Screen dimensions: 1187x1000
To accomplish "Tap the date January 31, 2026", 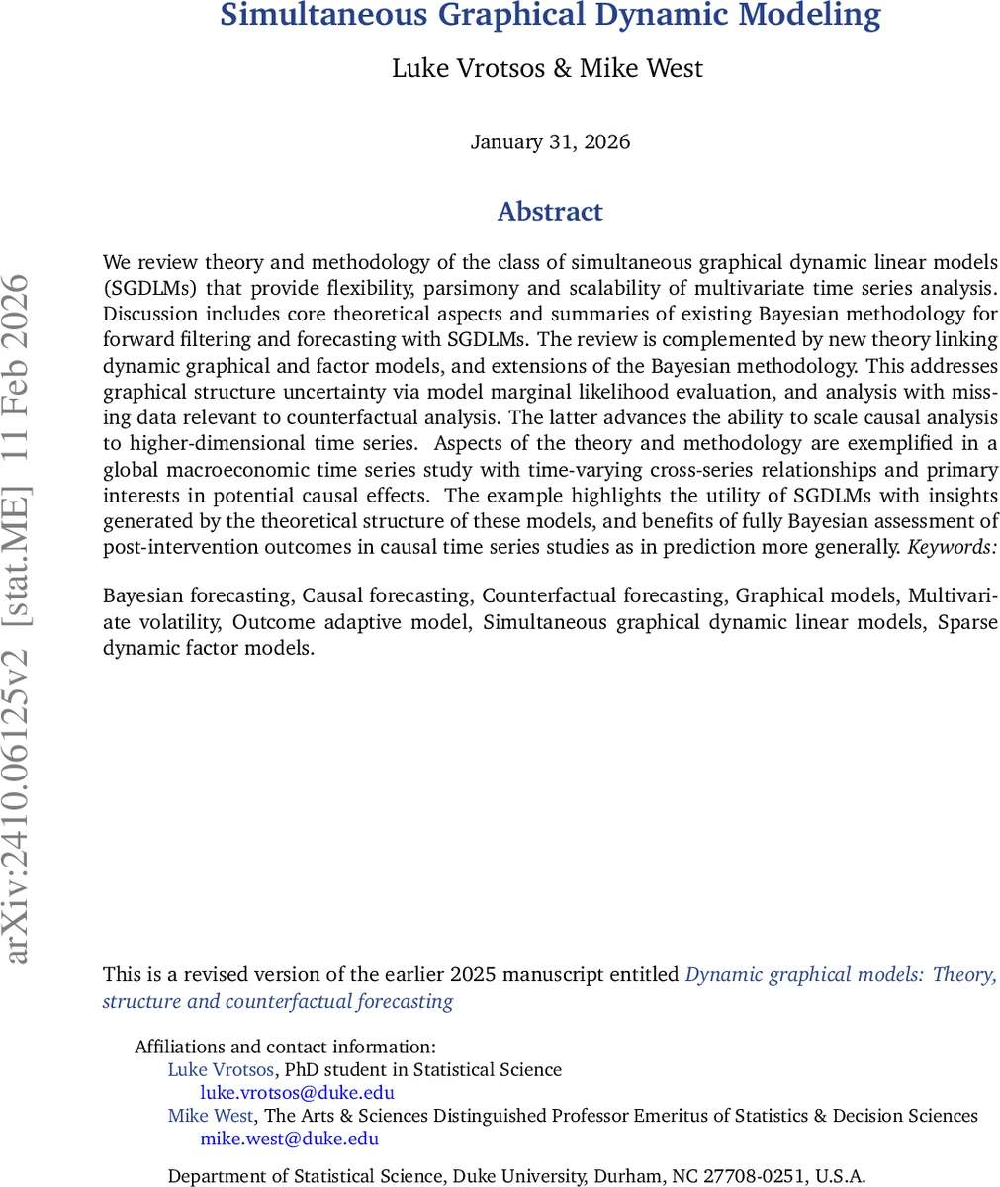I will click(550, 141).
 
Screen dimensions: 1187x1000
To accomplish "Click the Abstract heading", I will click(550, 212).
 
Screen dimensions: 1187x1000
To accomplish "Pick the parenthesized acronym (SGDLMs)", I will click(150, 288).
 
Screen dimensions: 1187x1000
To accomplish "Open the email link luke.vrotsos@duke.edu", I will click(297, 1093).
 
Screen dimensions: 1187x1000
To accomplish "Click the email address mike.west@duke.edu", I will click(289, 1139).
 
